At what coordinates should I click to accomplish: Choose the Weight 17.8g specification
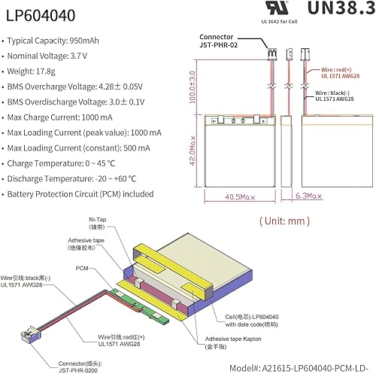pyautogui.click(x=42, y=73)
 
